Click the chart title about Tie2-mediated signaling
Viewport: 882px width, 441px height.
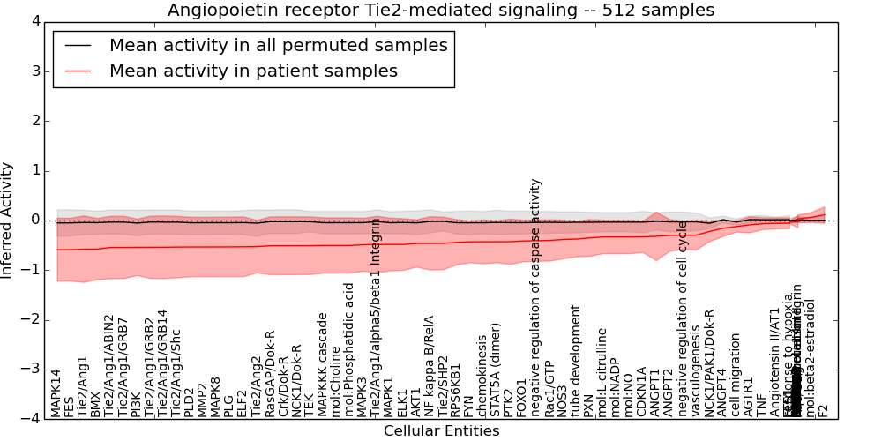coord(441,10)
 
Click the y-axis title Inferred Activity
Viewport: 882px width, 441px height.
coord(8,220)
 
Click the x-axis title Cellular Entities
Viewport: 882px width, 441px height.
coord(441,431)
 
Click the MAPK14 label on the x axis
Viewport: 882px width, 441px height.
coord(56,392)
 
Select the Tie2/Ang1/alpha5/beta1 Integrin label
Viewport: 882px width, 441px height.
coord(376,317)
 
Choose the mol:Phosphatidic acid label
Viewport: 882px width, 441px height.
coord(349,349)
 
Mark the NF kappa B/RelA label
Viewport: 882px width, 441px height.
coord(430,365)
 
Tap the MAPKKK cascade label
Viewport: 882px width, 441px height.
coord(323,364)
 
